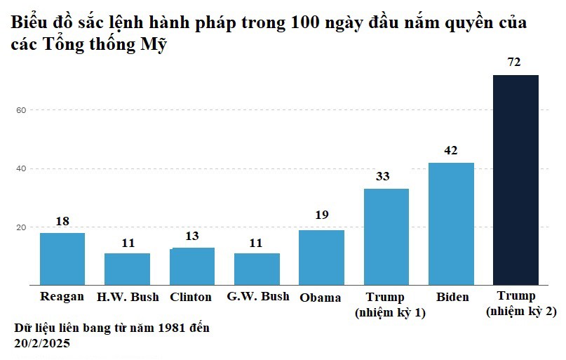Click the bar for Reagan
coord(62,259)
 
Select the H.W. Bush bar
coord(127,269)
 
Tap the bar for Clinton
coord(193,266)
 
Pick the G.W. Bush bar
coord(257,269)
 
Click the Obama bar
coord(321,258)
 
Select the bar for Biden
coord(451,224)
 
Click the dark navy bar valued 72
coord(516,180)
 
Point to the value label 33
coord(382,176)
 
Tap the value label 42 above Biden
coord(451,150)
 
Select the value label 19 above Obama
coord(321,215)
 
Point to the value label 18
coord(62,221)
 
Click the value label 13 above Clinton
coord(192,236)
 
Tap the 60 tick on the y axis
coord(22,110)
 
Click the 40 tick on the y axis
coord(22,169)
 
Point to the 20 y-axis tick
coord(22,227)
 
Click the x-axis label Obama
coord(321,298)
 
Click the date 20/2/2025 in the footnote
coord(41,343)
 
